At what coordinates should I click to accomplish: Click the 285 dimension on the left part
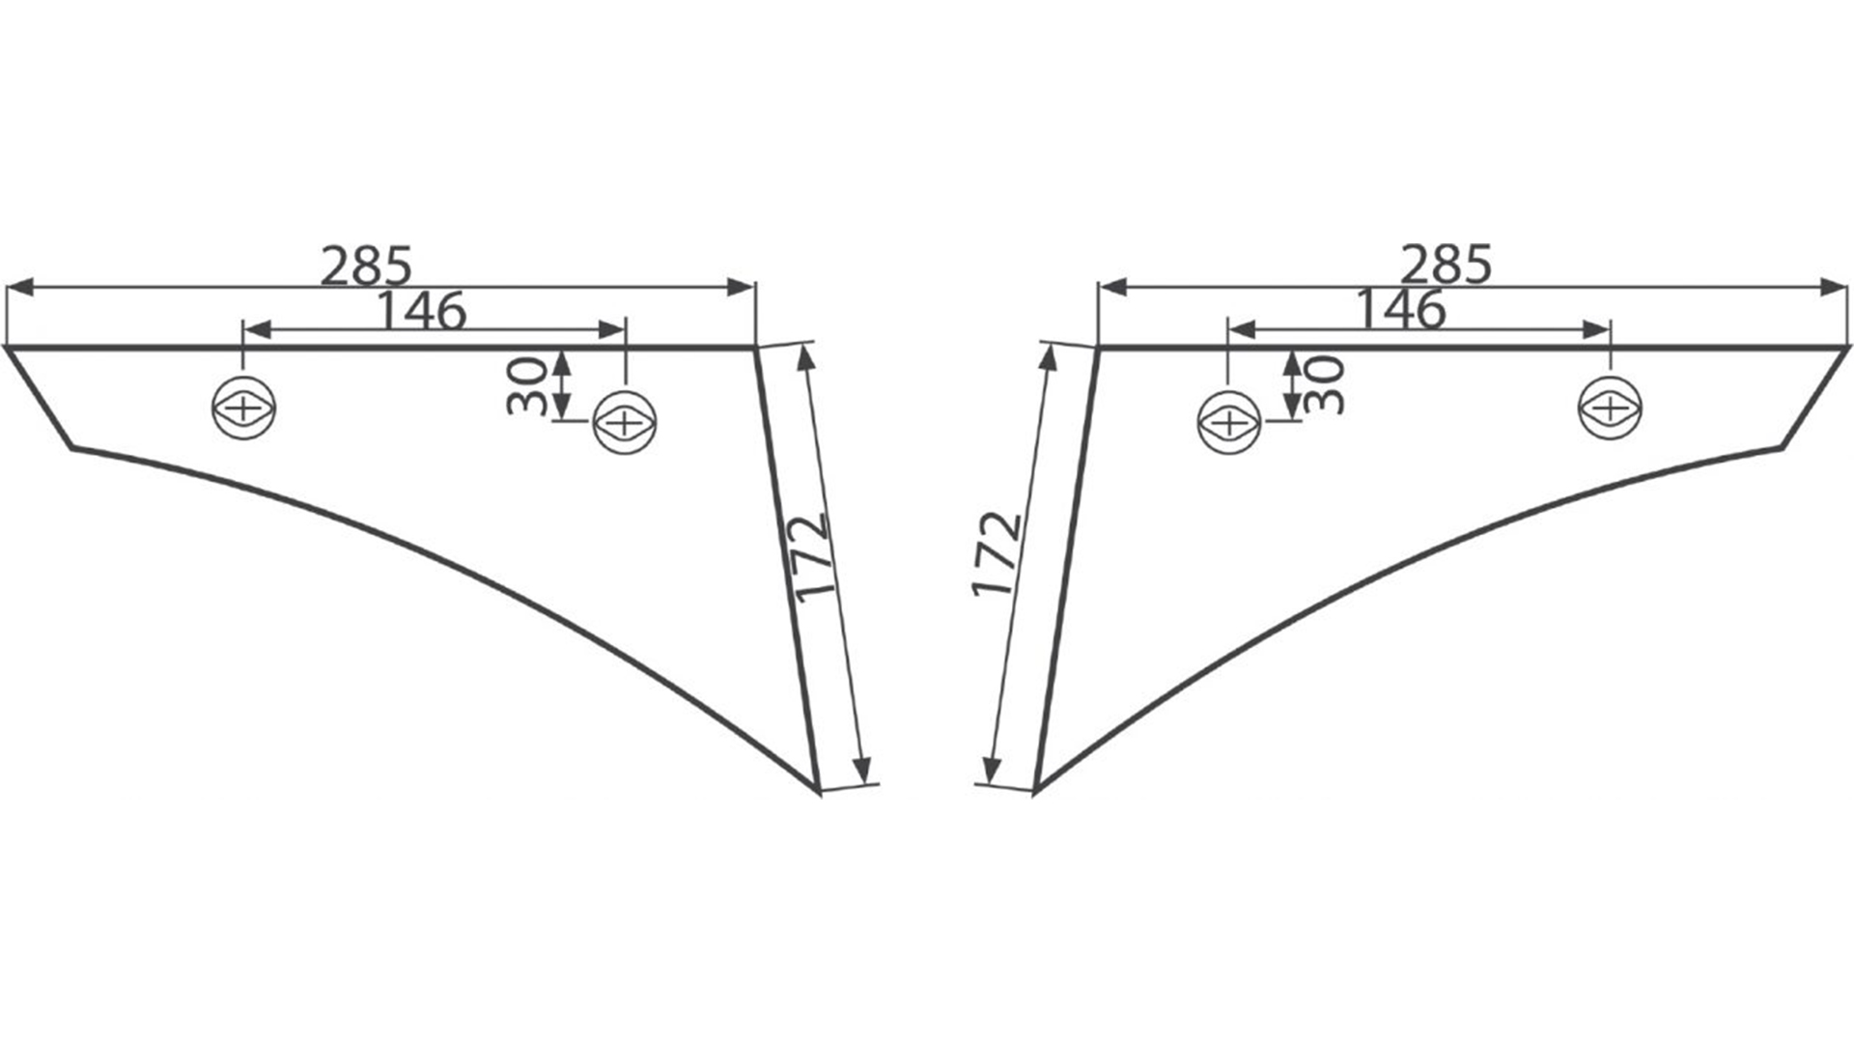click(366, 267)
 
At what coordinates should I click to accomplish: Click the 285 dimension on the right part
click(1446, 265)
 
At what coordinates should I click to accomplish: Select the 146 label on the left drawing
click(421, 311)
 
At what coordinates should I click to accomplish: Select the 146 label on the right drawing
click(1401, 310)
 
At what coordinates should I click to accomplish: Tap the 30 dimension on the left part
click(527, 384)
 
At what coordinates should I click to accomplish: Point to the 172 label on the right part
click(997, 554)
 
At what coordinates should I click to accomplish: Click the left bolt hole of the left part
click(244, 409)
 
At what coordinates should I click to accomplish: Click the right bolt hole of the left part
click(625, 422)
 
